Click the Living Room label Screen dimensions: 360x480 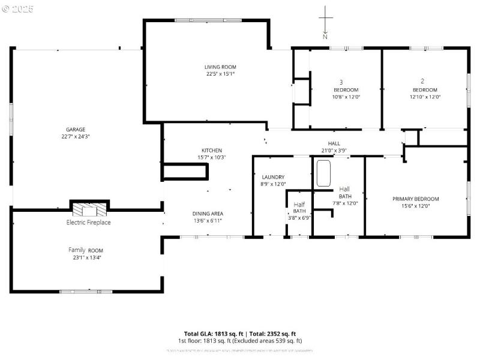(x=220, y=67)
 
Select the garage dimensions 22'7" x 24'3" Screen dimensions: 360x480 (x=76, y=136)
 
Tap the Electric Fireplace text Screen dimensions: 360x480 (x=88, y=223)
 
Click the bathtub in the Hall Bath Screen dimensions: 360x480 (x=324, y=174)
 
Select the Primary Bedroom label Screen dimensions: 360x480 (x=415, y=199)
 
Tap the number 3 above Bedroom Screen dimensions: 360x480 (x=341, y=82)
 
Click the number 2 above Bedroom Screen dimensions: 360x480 (x=422, y=81)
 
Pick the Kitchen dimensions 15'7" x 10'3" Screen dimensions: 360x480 (x=211, y=157)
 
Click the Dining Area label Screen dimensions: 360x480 (x=208, y=214)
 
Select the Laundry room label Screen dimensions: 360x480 (x=273, y=177)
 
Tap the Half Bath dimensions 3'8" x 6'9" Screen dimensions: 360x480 (x=299, y=218)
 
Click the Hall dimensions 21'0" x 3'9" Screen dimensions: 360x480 (x=334, y=151)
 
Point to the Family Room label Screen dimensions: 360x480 (x=85, y=250)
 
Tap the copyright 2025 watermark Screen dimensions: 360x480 (x=18, y=8)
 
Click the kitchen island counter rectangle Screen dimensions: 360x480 (x=185, y=172)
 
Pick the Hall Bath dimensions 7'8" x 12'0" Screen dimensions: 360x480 (x=345, y=203)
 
